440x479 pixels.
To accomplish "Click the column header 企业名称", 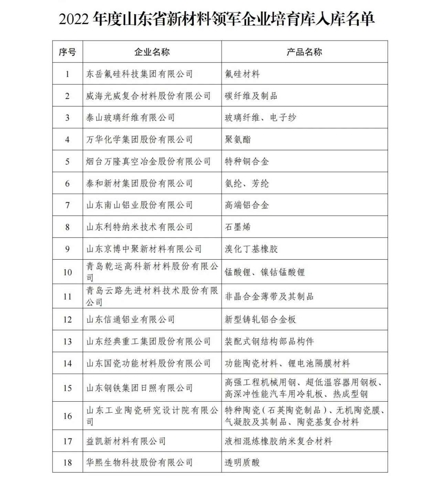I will click(x=152, y=52).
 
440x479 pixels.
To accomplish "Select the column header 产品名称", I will click(x=304, y=52).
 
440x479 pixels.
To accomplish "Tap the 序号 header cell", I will click(x=67, y=52).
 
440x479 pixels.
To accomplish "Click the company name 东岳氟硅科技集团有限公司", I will click(x=139, y=74).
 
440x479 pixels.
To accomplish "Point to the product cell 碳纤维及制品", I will click(x=251, y=96).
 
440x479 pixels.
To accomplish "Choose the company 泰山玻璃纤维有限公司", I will click(x=130, y=118).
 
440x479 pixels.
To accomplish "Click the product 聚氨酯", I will click(x=238, y=140).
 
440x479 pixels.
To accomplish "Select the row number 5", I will click(x=67, y=162).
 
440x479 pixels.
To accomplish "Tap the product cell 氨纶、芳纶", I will click(x=247, y=184).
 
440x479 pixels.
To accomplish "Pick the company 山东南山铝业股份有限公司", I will click(x=139, y=205).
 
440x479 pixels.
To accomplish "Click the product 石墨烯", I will click(x=238, y=227).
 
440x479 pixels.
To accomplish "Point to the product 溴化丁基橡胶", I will click(x=251, y=249).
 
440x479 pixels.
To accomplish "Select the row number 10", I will click(x=67, y=272).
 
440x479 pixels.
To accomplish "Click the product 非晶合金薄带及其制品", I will click(x=269, y=296).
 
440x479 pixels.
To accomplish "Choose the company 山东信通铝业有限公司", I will click(x=130, y=319).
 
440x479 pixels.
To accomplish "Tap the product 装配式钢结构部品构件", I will click(x=269, y=341).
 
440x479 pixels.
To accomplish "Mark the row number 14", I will click(x=67, y=363).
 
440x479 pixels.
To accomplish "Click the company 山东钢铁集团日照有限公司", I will click(x=139, y=388).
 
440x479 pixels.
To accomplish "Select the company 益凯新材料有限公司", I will click(x=126, y=441).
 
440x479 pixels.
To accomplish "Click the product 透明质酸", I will click(x=242, y=462).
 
